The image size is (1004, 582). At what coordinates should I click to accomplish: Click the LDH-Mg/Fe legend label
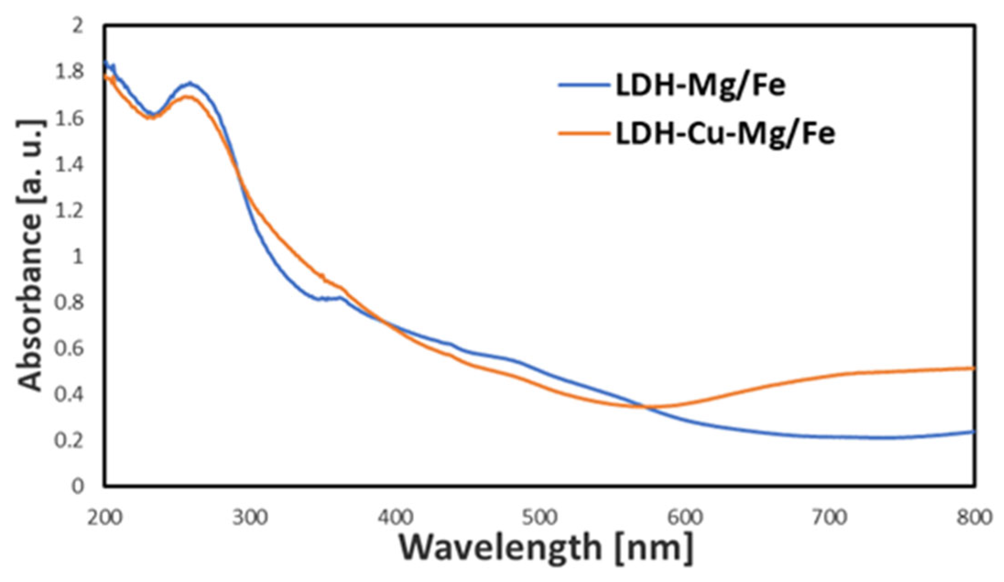point(700,86)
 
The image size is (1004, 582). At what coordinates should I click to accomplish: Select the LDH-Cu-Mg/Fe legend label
point(725,134)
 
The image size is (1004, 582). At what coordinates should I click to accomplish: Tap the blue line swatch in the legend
point(584,86)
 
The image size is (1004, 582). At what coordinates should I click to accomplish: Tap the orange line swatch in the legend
point(584,134)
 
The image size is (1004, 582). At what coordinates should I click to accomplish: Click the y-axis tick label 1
point(78,257)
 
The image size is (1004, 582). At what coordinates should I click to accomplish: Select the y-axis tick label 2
point(78,26)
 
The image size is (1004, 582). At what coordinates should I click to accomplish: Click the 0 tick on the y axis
point(78,486)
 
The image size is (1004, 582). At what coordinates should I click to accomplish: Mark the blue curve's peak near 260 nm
point(190,84)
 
